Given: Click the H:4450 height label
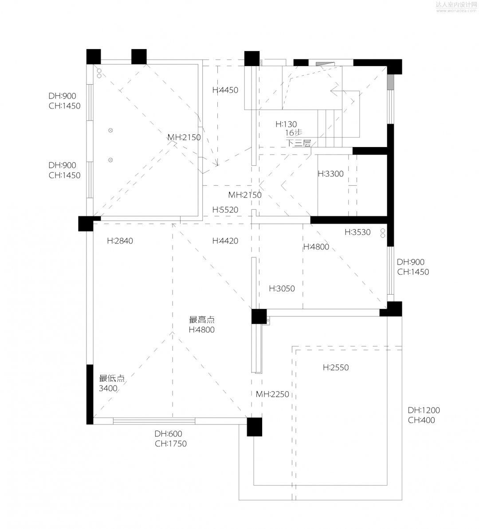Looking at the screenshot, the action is click(225, 90).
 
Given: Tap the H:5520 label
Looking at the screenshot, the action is click(225, 210).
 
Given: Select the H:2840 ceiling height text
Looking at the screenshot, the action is click(120, 241).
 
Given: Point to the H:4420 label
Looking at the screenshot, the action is click(225, 241).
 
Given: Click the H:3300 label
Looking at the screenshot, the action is click(331, 174).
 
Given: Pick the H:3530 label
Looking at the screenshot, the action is click(358, 232).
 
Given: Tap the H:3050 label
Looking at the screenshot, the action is click(282, 288).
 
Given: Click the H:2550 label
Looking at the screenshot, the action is click(336, 368).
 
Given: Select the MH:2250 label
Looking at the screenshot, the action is click(273, 394).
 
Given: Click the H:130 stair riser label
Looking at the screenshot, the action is click(286, 124).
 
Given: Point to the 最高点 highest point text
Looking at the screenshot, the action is click(202, 319).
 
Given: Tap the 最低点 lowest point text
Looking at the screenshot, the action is click(112, 378).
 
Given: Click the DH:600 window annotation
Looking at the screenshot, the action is click(168, 434).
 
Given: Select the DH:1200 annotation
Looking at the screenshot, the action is click(424, 410).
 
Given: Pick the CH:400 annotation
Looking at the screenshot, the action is click(422, 420).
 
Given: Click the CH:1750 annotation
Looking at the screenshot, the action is click(171, 444).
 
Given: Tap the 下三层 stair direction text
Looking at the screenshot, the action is click(298, 143).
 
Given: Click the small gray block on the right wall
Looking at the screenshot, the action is click(390, 82).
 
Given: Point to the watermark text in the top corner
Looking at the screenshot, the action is click(456, 7).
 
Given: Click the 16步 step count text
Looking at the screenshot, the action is click(294, 133).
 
